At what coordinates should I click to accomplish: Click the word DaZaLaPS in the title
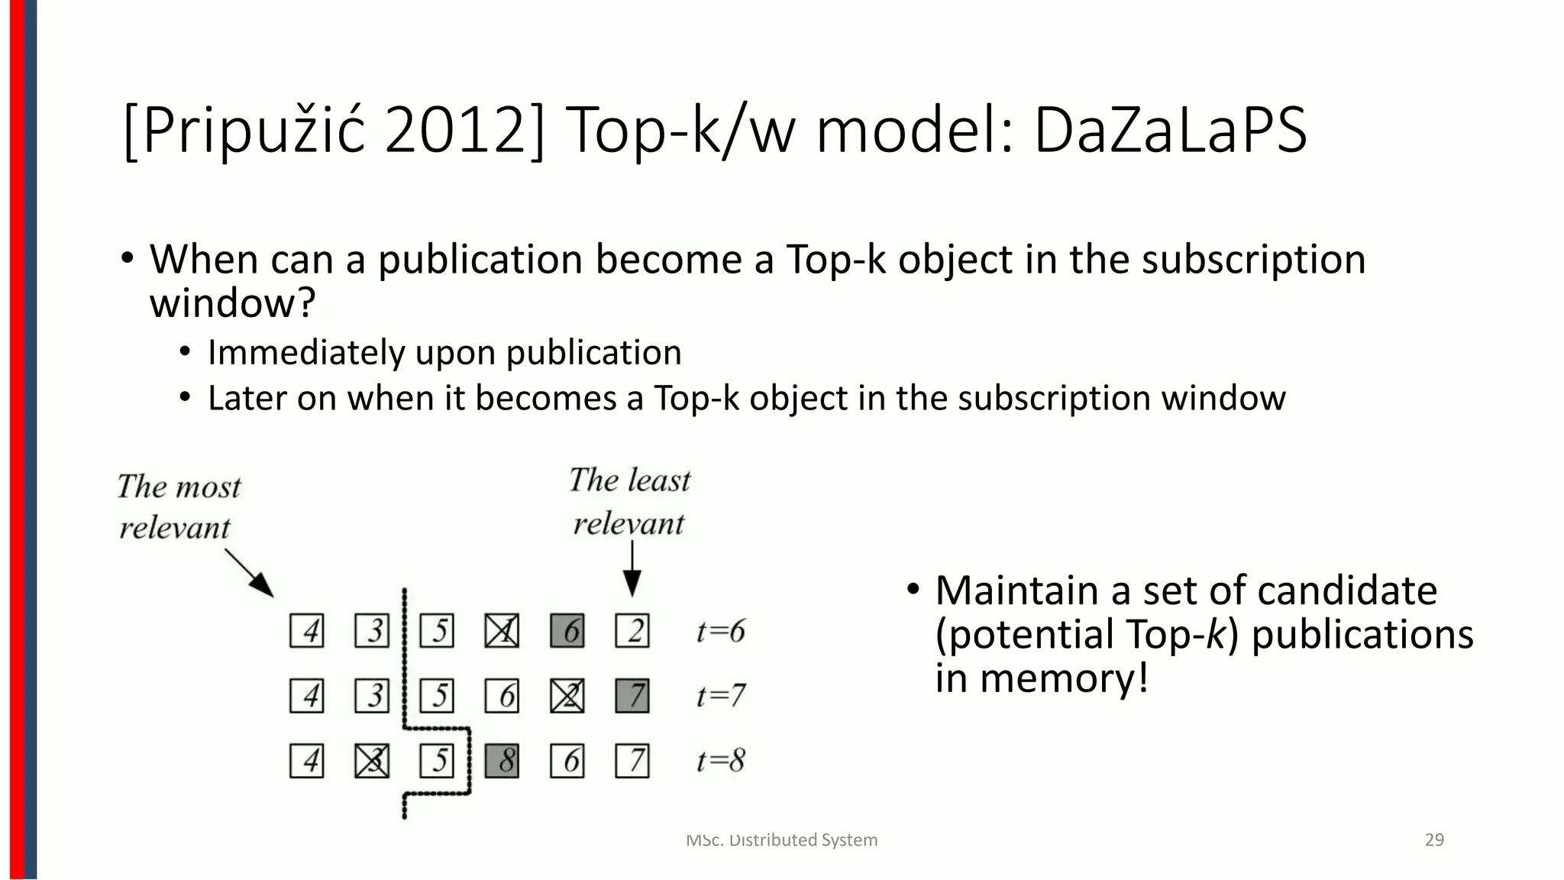point(1170,131)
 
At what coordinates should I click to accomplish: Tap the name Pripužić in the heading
point(253,131)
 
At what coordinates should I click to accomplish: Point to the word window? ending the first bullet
point(232,303)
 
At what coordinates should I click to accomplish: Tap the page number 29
point(1434,840)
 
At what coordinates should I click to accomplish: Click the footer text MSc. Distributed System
point(782,840)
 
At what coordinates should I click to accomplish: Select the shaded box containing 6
point(567,631)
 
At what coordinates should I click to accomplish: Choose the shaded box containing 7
point(632,696)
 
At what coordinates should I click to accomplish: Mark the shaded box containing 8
point(502,761)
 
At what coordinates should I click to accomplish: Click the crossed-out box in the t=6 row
point(502,631)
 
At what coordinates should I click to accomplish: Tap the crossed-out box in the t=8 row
point(372,761)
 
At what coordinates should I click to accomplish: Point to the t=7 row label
point(720,696)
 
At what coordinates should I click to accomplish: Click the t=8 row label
point(720,761)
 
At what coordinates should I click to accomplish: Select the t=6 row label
point(720,631)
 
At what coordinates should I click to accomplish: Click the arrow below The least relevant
point(632,568)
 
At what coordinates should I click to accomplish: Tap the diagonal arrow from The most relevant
point(250,572)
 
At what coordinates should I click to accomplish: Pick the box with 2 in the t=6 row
point(632,631)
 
